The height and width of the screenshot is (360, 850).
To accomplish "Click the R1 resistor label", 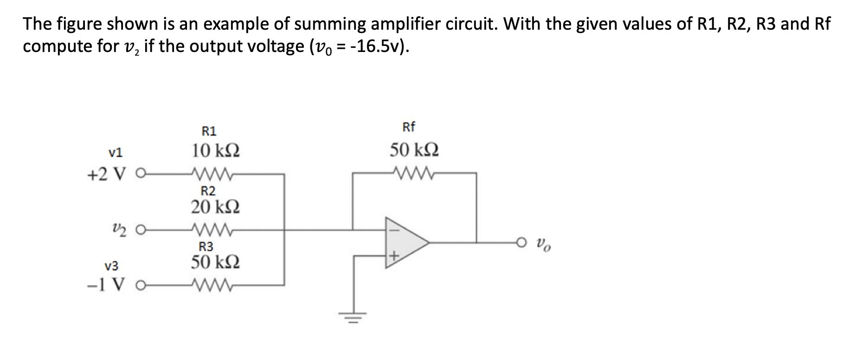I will (210, 131).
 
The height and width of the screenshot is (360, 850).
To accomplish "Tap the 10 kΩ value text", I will (216, 151).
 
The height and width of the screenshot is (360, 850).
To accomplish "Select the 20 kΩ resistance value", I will (216, 206).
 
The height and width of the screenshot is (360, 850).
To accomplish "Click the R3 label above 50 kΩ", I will (206, 246).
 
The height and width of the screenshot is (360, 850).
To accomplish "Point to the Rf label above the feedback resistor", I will (409, 127).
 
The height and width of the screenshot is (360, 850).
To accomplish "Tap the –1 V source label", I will (106, 285).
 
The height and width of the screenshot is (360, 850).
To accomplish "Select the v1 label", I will (115, 152).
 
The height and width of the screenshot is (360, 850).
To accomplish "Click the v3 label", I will (111, 266).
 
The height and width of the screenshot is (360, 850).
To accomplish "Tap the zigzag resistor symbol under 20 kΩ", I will (211, 229).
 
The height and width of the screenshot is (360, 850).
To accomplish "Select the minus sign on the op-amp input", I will (393, 228).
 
